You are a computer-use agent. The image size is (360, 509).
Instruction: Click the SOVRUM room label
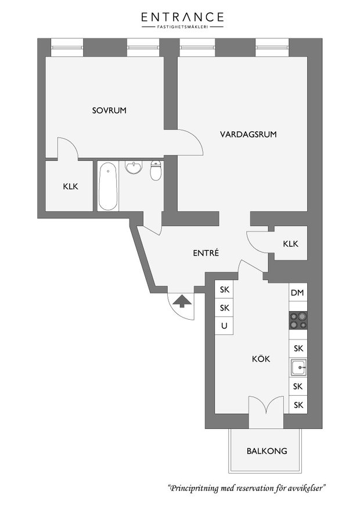click(x=109, y=110)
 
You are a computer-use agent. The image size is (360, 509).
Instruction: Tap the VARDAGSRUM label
click(x=249, y=135)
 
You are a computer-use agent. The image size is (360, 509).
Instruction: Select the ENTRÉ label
click(x=206, y=253)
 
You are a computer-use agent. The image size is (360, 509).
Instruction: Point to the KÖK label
click(x=261, y=359)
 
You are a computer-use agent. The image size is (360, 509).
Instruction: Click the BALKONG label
click(x=267, y=451)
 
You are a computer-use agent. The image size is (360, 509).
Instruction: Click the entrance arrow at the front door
click(x=182, y=301)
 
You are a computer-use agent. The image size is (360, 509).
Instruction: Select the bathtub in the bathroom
click(x=108, y=186)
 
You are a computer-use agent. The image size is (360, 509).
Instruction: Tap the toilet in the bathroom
click(x=156, y=171)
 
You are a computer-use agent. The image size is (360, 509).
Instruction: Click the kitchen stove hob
click(x=298, y=320)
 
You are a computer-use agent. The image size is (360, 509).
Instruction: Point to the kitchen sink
click(x=298, y=367)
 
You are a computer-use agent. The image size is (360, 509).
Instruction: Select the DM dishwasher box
click(x=298, y=293)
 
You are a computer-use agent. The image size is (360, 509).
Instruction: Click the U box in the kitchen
click(x=224, y=325)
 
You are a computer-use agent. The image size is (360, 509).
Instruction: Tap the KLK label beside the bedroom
click(x=70, y=187)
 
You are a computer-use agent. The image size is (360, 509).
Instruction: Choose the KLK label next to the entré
click(x=290, y=244)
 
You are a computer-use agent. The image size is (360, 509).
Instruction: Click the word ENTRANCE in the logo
click(x=182, y=17)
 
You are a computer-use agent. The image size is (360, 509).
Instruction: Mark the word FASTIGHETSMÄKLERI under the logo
click(x=182, y=27)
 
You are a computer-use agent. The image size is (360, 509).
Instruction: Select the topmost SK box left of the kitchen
click(x=224, y=289)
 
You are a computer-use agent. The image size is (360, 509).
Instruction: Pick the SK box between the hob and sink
click(x=298, y=349)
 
